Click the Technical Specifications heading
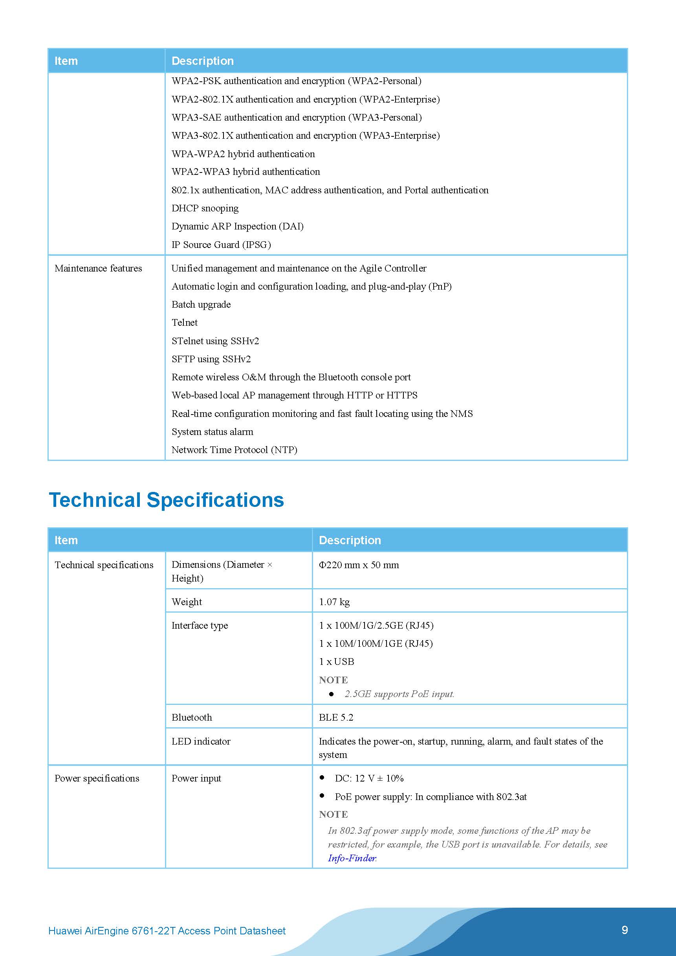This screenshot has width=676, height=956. (166, 500)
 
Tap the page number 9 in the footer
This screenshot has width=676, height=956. (625, 930)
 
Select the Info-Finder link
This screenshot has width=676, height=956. (352, 858)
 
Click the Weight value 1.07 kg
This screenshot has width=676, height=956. (334, 602)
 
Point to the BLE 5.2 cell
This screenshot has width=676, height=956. (336, 717)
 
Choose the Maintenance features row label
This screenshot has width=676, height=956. (98, 268)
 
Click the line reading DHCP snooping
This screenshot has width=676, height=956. (205, 208)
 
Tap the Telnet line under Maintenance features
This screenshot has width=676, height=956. (184, 322)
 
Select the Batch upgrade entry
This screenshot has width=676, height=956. (201, 305)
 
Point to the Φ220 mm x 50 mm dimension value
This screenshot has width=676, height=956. (359, 565)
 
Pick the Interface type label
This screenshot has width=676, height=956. (200, 626)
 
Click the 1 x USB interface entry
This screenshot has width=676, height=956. (336, 662)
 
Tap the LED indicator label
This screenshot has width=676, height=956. (201, 741)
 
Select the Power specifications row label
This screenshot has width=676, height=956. (97, 778)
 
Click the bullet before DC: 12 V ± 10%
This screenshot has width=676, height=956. (322, 777)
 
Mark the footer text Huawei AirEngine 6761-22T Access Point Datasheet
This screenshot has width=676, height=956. (167, 930)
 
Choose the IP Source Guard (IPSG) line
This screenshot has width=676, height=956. (221, 244)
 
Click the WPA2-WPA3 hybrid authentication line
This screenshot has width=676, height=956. (245, 172)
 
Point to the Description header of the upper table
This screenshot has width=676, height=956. (203, 61)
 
